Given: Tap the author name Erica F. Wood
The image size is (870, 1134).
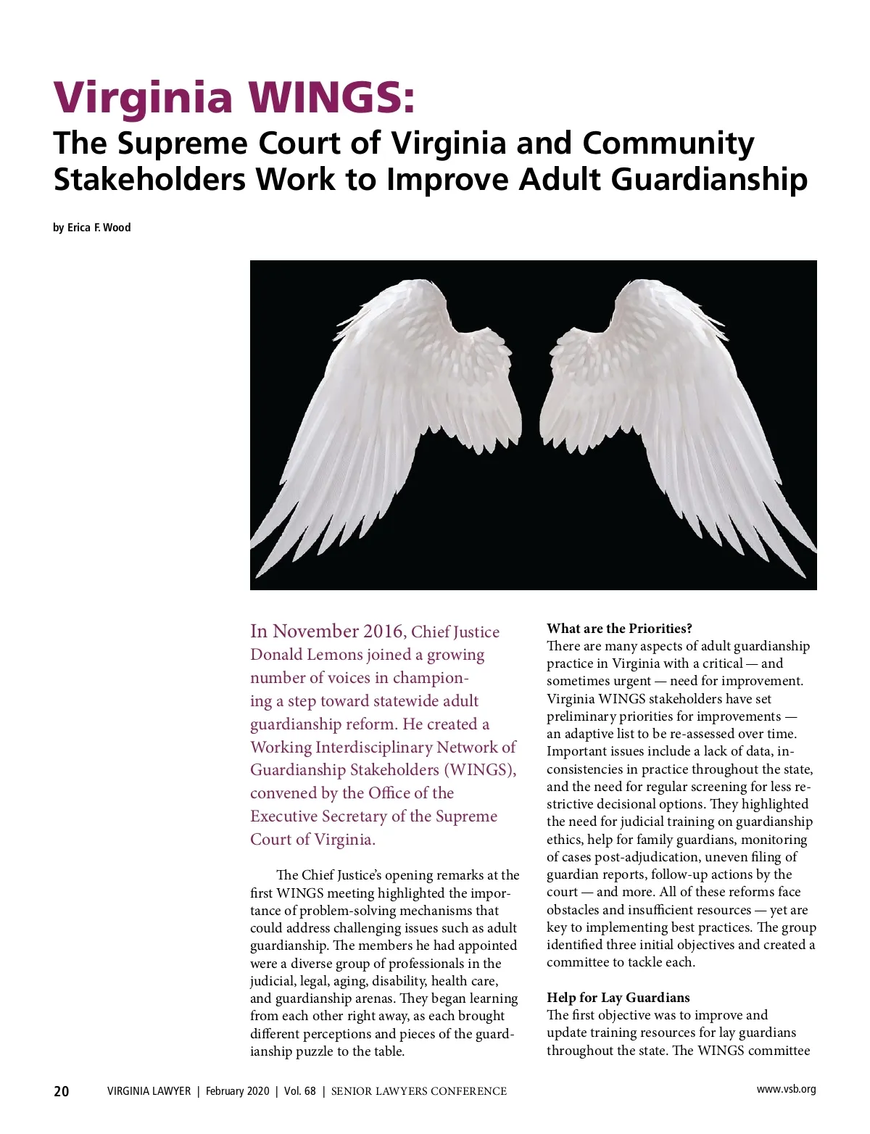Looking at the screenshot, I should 99,228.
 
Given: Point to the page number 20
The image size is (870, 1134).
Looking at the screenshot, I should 62,1091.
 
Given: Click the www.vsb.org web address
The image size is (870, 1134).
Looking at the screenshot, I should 786,1089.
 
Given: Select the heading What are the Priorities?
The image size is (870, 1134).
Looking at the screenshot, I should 620,629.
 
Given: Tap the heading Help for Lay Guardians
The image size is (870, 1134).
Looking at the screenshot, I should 618,998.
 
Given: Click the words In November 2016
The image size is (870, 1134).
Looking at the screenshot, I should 326,632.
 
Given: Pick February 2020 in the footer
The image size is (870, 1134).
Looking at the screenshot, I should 237,1091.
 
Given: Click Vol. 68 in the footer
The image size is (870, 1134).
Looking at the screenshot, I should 300,1091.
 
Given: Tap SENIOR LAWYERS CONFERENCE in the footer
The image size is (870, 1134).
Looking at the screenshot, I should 419,1091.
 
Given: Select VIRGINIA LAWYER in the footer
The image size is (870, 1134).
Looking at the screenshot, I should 149,1091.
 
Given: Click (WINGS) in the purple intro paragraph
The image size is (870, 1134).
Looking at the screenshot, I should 480,770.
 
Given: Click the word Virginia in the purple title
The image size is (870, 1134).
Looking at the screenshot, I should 144,97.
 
